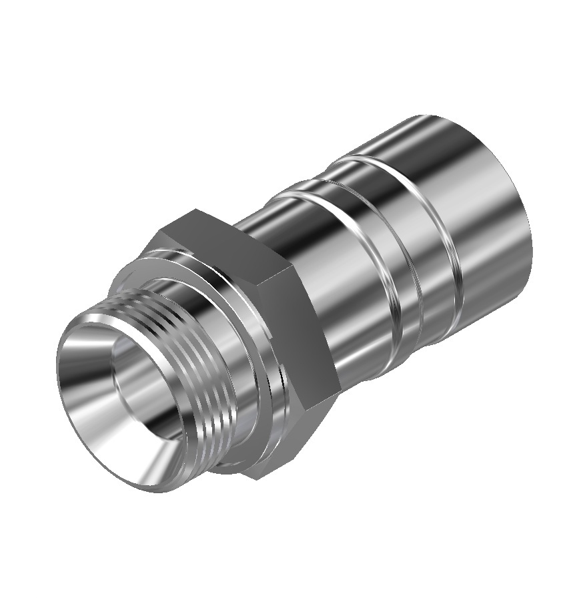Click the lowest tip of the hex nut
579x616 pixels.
(257, 478)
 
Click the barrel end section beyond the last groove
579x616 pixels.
(480, 220)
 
